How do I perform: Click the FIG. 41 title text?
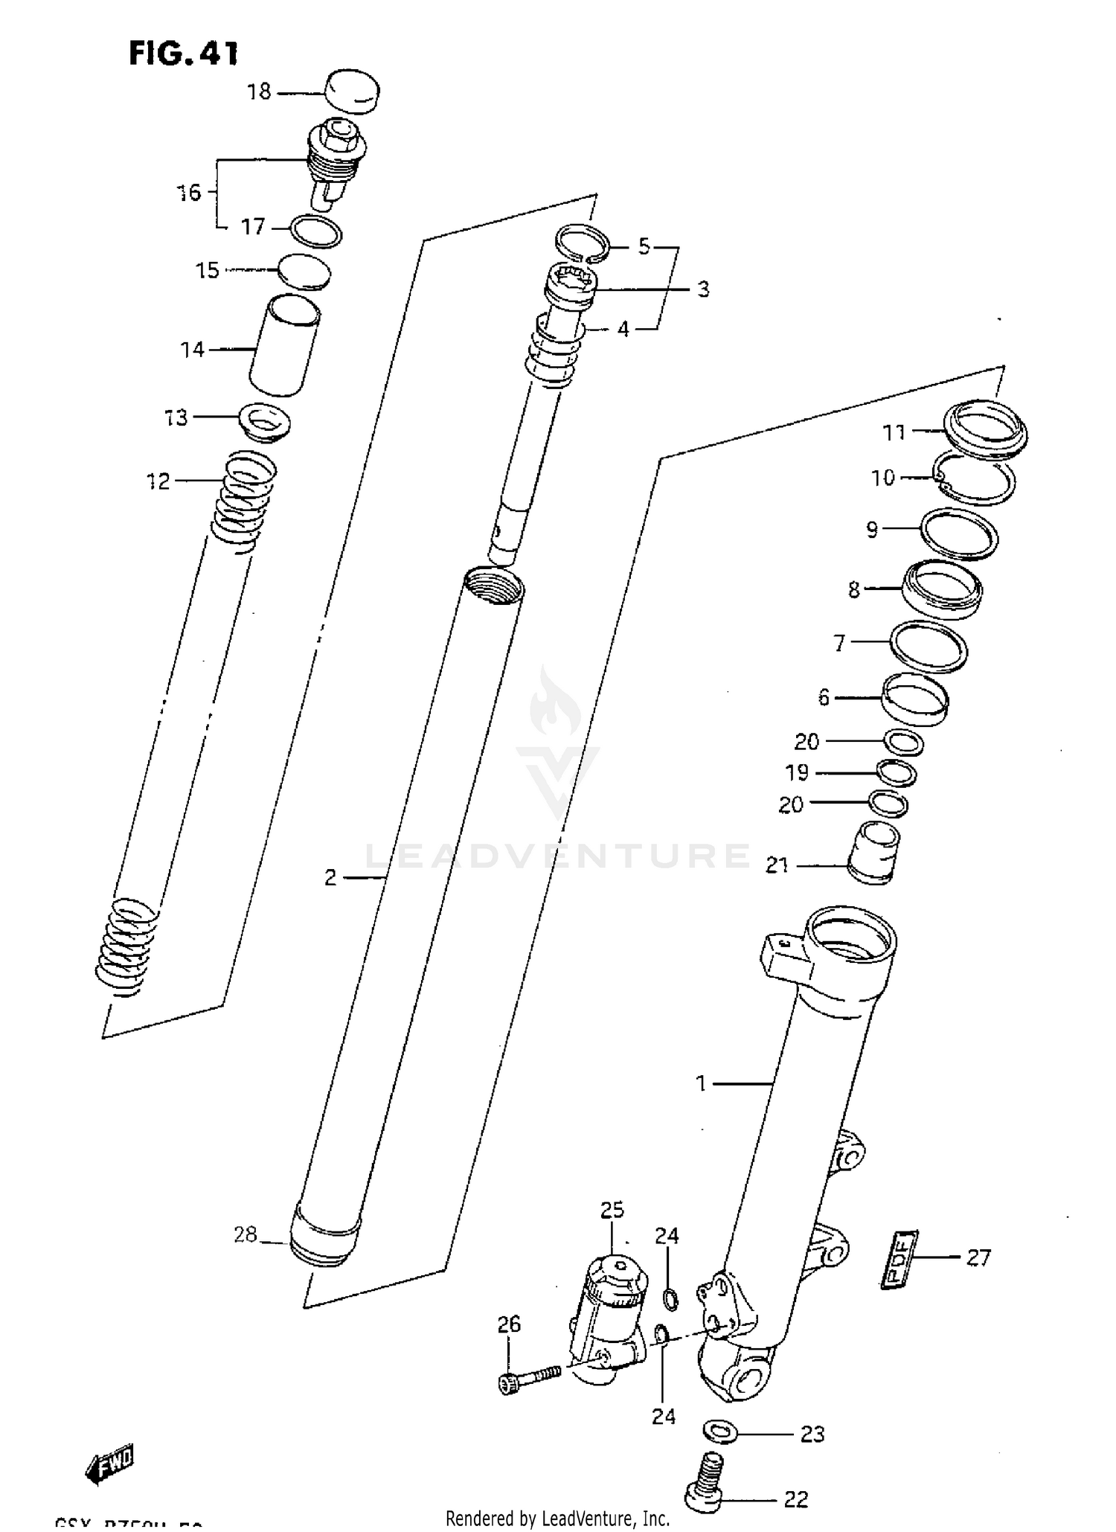(x=183, y=54)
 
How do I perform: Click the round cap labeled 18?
(x=353, y=92)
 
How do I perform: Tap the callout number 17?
(x=253, y=226)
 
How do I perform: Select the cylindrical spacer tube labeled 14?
(x=284, y=344)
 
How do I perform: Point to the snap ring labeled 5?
(x=583, y=243)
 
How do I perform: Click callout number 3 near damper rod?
(x=703, y=289)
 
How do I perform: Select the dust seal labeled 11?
(x=986, y=429)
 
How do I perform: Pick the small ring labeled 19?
(x=896, y=773)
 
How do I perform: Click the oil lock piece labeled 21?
(x=874, y=853)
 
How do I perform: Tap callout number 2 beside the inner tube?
(x=331, y=878)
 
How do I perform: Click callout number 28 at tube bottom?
(x=246, y=1235)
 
